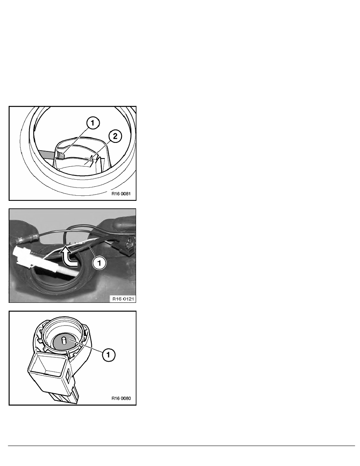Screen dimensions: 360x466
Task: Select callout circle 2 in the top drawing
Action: click(115, 136)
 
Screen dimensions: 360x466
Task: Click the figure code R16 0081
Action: click(121, 194)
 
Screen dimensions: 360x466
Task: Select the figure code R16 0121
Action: click(123, 299)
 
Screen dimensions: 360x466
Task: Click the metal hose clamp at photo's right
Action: click(129, 244)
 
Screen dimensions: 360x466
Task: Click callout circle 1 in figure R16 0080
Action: click(108, 355)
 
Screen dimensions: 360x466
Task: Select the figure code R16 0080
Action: click(121, 398)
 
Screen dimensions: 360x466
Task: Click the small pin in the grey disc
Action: click(63, 340)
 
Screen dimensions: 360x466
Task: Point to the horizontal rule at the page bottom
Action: click(182, 446)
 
